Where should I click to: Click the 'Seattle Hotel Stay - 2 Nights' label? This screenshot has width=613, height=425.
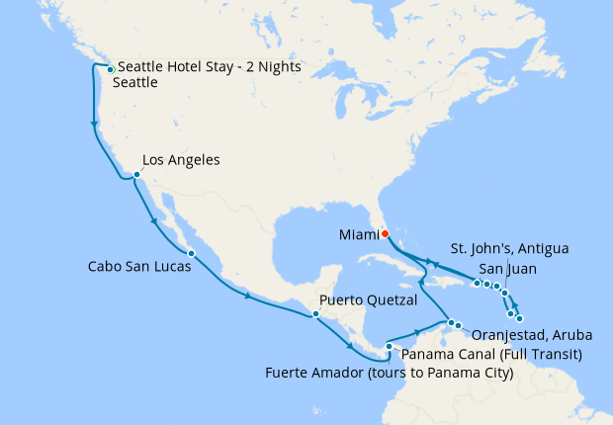pos(209,67)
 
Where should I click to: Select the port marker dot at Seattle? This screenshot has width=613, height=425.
pos(111,69)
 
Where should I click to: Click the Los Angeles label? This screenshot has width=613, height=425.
pos(181,159)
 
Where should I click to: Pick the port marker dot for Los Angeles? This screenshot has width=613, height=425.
pos(136,176)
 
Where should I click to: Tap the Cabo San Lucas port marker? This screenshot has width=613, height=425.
pos(191,254)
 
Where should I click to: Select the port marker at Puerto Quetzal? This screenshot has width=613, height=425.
pos(315,314)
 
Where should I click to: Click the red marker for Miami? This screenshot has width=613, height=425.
pos(385,234)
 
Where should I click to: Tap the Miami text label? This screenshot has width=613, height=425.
pos(358,234)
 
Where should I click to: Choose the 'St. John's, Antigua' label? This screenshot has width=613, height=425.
pos(509,247)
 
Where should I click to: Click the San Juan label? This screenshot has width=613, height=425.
pos(509,268)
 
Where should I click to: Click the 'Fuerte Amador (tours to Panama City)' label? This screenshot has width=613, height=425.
pos(390,373)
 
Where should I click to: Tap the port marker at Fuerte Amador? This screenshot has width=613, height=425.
pos(390,346)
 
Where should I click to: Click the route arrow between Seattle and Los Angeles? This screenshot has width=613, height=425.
pos(94,125)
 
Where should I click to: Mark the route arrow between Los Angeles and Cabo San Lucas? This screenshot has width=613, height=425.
pos(153,221)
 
